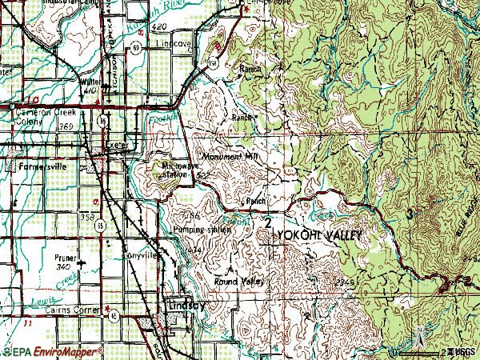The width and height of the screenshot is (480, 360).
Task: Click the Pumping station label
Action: tap(202, 229)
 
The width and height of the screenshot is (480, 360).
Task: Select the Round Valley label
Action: tap(242, 282)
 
